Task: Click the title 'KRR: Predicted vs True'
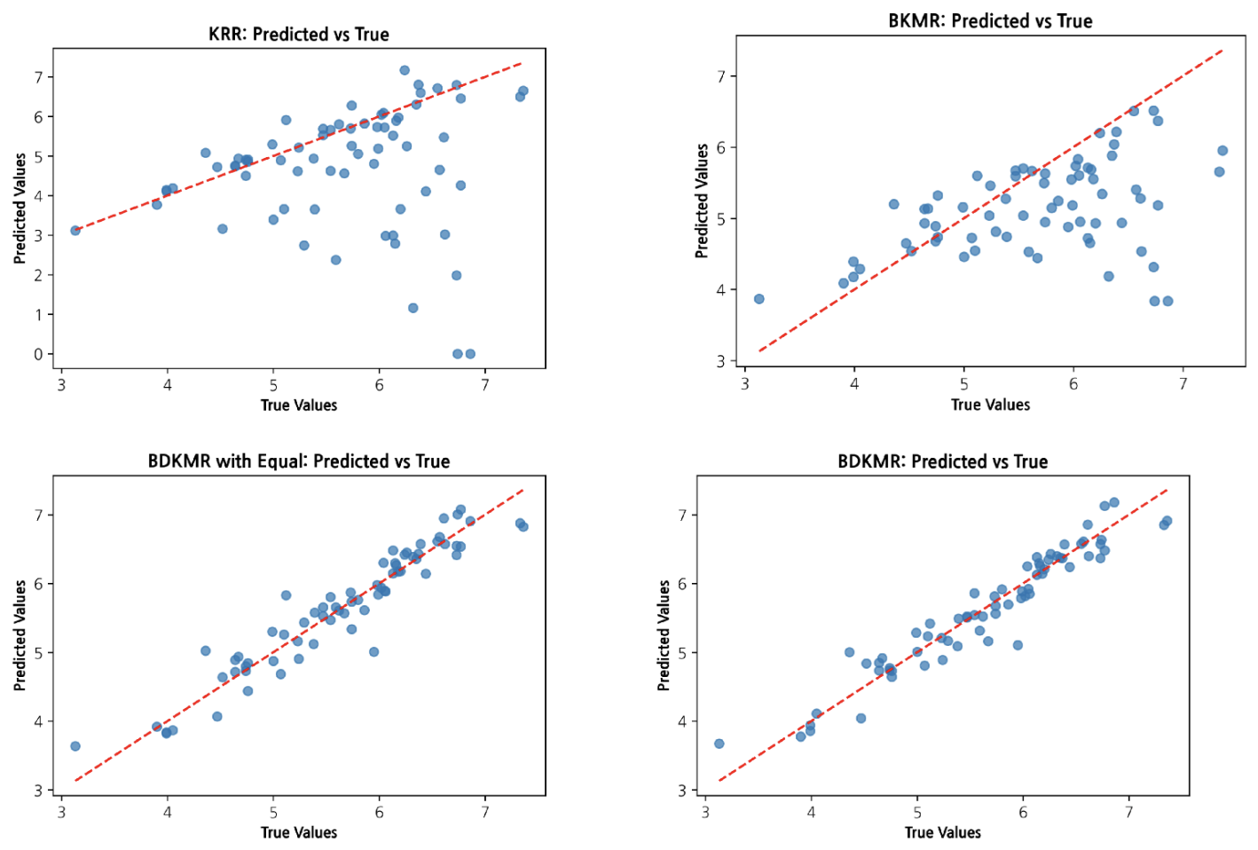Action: pos(298,35)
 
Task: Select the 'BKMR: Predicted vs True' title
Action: pos(990,21)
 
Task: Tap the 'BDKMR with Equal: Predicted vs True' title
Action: pos(298,461)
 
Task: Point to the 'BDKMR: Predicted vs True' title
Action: pos(942,461)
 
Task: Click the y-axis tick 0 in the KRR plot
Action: pos(38,354)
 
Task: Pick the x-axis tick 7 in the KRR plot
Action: pos(485,385)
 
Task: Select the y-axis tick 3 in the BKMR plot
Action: pos(721,361)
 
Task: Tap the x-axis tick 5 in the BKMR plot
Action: pos(963,384)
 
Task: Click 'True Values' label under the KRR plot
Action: pos(298,405)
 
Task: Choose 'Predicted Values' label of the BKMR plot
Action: pos(702,201)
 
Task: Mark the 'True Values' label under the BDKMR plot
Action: pos(942,832)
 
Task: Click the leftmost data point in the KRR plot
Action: pos(75,231)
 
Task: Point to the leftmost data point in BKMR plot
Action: pos(759,299)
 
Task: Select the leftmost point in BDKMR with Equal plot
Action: pos(75,746)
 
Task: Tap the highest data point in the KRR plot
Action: pos(405,70)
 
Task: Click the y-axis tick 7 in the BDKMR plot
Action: pos(682,515)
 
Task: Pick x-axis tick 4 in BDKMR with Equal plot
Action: pos(167,812)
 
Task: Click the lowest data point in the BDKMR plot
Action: pos(719,744)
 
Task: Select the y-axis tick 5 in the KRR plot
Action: pos(38,156)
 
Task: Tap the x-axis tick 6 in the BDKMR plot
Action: pos(1023,812)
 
